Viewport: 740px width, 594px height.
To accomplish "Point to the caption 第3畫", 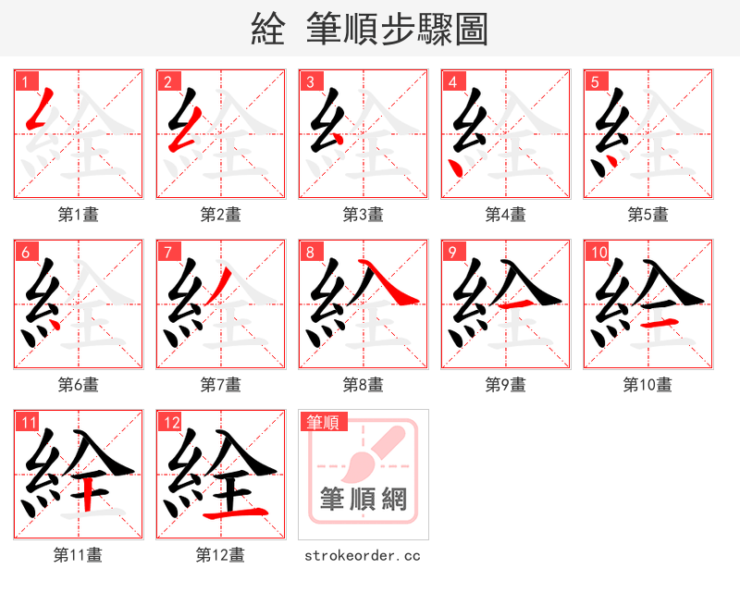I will tap(363, 215).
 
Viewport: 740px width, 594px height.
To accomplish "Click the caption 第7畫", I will tap(220, 384).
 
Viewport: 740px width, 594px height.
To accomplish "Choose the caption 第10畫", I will tap(647, 384).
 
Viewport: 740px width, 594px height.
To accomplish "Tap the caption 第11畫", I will tap(78, 555).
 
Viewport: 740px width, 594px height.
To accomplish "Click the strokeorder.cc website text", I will tap(363, 555).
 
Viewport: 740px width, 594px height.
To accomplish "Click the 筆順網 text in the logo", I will tap(363, 500).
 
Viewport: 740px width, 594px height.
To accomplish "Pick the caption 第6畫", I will tap(78, 384).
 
